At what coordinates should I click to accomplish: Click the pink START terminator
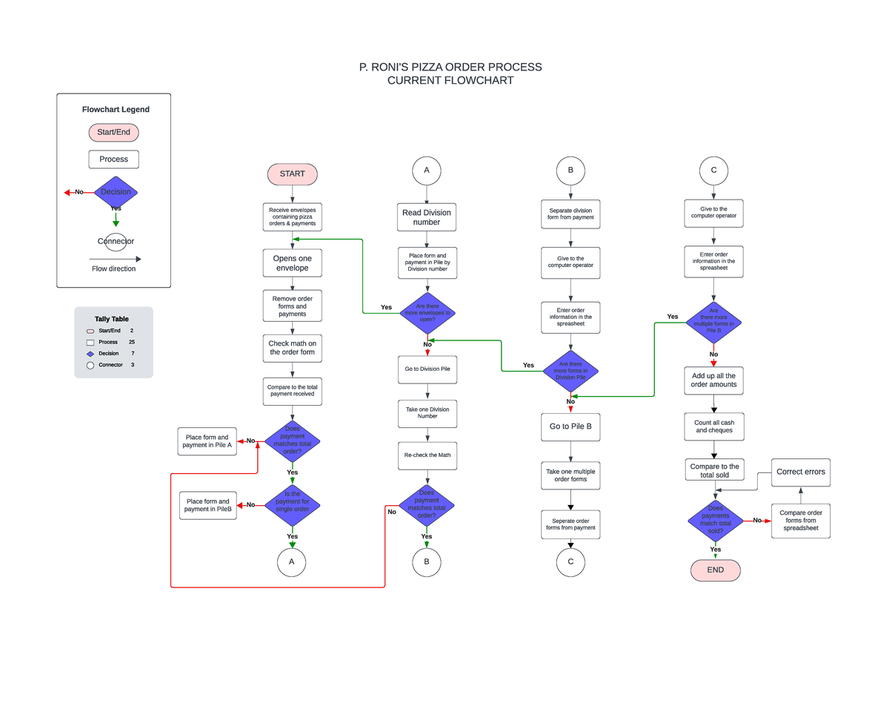(292, 174)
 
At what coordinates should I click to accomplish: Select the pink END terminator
(715, 570)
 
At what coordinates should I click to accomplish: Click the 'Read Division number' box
(426, 217)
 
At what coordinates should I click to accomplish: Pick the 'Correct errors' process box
(800, 472)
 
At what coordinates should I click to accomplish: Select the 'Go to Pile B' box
(570, 426)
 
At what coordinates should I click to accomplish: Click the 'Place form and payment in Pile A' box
(207, 441)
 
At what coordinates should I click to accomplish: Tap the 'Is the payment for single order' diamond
(292, 506)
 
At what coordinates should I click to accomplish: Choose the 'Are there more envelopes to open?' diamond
(427, 313)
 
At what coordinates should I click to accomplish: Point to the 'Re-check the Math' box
(427, 455)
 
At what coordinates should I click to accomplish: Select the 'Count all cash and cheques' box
(714, 426)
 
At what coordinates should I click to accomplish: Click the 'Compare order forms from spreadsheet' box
(800, 521)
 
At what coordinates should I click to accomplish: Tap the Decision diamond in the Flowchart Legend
(116, 192)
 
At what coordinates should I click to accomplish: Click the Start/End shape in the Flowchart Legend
(113, 133)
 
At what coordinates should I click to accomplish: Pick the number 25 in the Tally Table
(131, 342)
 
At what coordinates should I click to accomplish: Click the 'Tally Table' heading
(111, 319)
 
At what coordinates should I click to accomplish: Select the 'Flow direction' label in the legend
(113, 268)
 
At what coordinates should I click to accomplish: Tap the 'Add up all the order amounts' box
(714, 380)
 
